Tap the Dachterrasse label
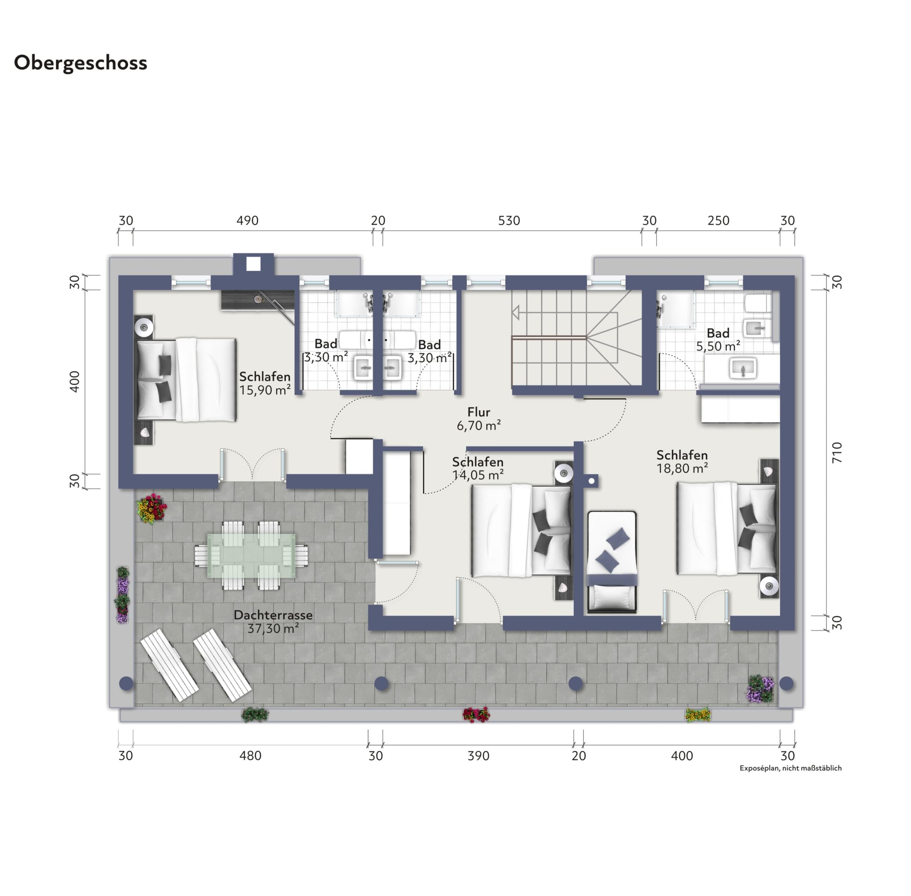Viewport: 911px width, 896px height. pos(273,615)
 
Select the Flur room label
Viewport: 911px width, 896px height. pos(479,412)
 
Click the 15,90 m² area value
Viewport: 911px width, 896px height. pos(265,390)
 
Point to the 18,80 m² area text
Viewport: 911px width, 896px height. pos(682,468)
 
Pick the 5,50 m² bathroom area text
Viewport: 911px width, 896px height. pos(718,346)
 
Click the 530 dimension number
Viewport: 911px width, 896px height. pos(509,221)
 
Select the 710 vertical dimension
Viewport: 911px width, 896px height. pos(837,453)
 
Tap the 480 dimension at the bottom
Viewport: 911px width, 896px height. pos(250,756)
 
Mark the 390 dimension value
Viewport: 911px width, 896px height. pos(479,756)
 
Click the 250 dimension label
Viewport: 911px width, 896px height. pos(719,221)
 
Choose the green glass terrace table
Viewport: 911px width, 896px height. pos(252,555)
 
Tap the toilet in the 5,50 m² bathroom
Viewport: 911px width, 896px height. pos(758,303)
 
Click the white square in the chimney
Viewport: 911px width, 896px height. pos(253,264)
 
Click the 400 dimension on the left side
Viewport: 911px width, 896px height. pos(74,382)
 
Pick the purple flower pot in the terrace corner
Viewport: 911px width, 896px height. pos(760,689)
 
